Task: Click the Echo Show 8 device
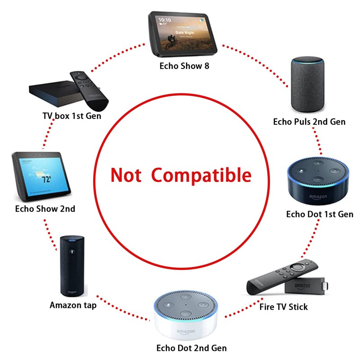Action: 183,34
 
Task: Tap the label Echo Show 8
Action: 184,66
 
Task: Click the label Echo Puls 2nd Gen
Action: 309,121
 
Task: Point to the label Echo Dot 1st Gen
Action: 319,214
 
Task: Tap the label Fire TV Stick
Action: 283,307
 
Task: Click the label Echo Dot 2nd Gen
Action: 191,348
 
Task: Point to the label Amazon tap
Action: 73,305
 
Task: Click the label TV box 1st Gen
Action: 72,116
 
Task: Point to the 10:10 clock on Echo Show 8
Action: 165,21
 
